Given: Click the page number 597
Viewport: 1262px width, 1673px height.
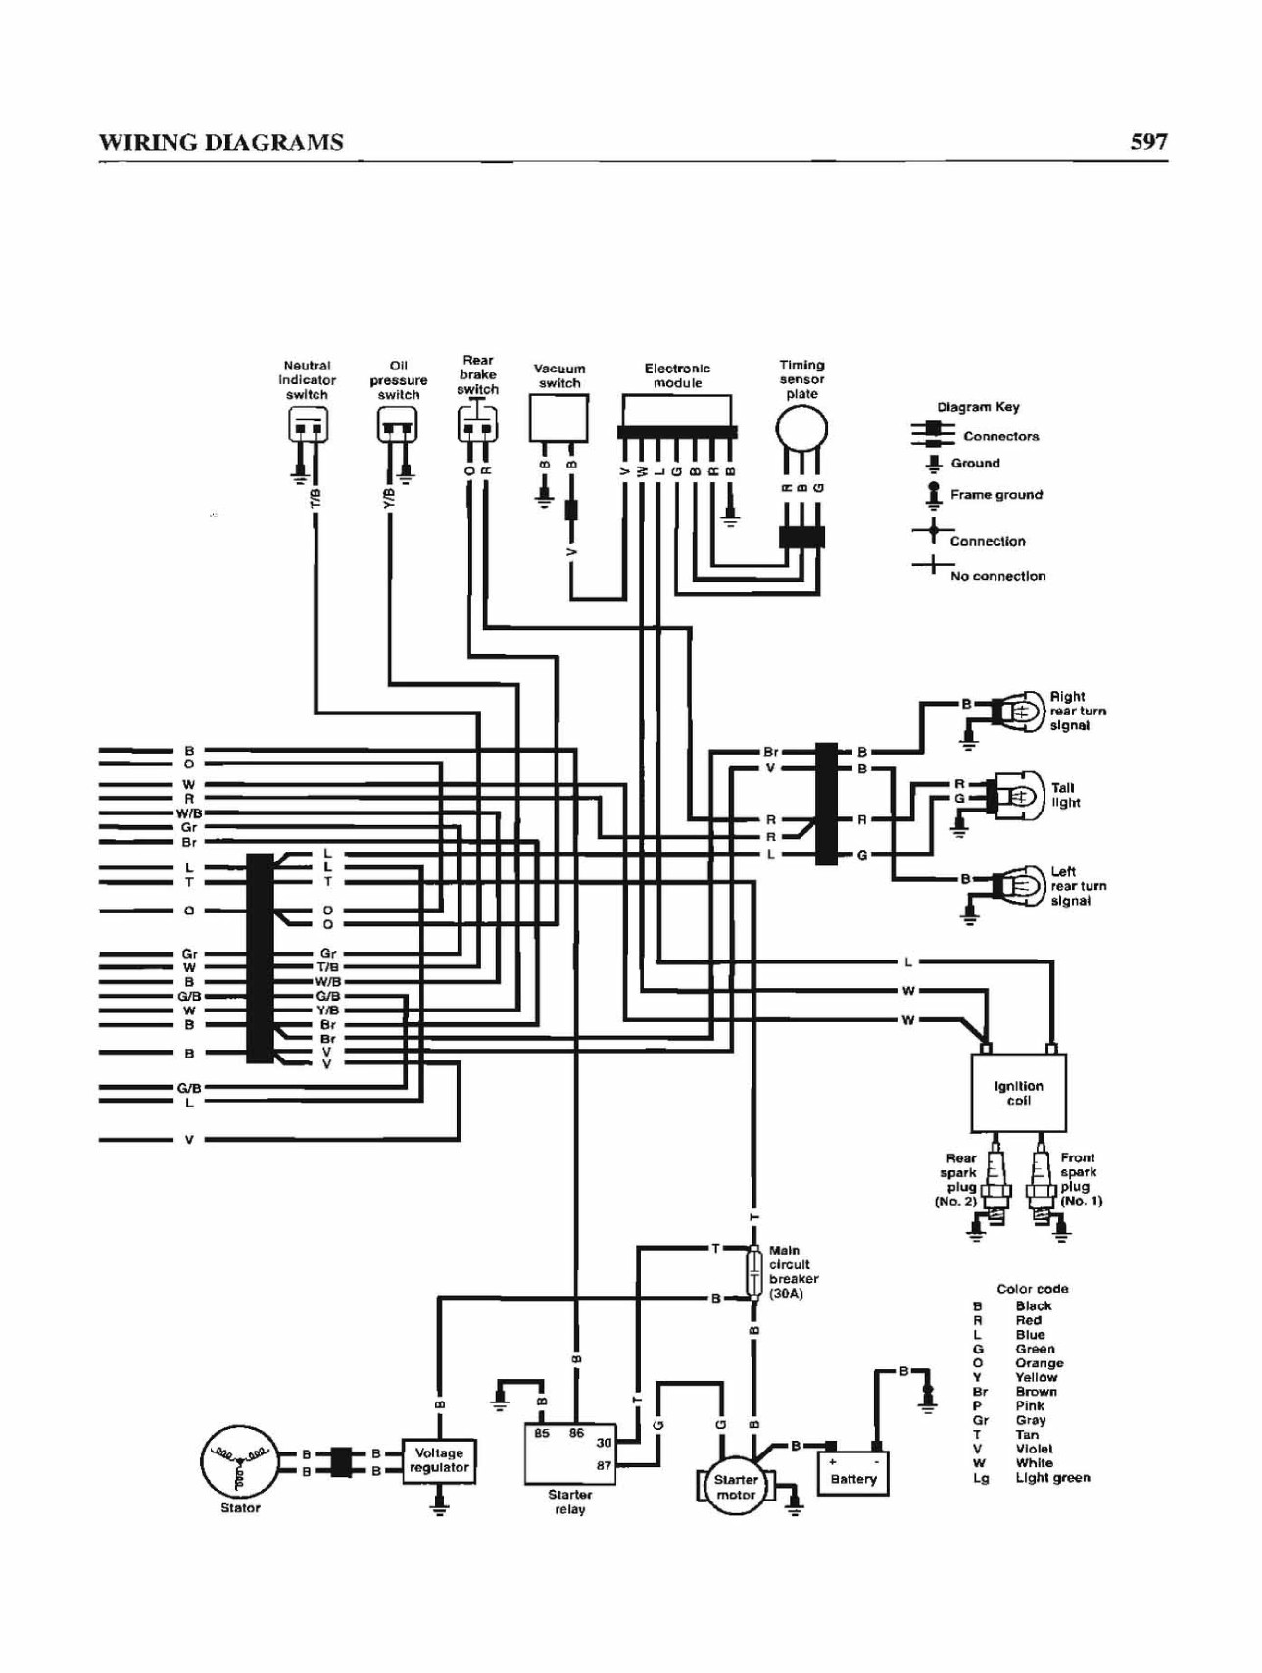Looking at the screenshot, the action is tap(1148, 141).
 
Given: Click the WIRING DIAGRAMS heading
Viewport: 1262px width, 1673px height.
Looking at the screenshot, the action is tap(220, 142).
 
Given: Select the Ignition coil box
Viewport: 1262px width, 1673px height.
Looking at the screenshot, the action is tap(1018, 1092).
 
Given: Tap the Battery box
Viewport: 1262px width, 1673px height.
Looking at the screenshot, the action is tap(852, 1473).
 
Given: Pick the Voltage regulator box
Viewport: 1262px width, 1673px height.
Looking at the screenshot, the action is tap(439, 1460).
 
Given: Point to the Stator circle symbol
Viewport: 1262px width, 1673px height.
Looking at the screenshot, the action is tap(239, 1461).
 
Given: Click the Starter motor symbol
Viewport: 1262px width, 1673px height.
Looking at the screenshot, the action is tap(735, 1487).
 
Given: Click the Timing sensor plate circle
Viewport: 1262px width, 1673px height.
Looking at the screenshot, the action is tap(801, 429).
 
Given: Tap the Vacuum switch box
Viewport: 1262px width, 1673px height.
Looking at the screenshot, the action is tap(558, 418).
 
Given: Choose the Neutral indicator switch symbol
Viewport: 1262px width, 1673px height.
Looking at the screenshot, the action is tap(308, 424).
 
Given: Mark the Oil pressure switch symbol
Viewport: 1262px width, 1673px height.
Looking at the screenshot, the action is tap(397, 424).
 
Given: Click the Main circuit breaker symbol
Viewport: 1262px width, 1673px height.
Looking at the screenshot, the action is tap(754, 1272).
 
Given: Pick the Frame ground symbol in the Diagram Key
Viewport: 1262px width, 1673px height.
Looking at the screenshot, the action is tap(934, 495).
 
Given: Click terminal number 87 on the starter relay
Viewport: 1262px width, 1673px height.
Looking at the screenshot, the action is tap(604, 1466).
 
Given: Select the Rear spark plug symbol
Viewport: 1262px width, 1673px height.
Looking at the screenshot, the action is tap(995, 1184).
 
